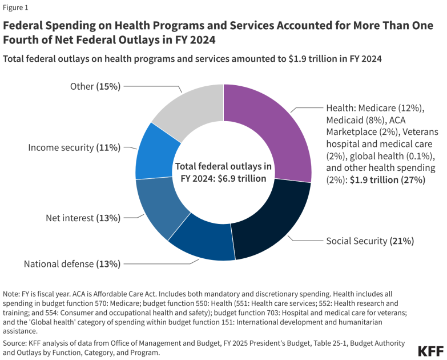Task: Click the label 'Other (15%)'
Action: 95,86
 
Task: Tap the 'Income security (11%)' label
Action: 74,147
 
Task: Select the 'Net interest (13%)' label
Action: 83,218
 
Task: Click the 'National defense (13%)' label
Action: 72,264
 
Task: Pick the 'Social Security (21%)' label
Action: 369,241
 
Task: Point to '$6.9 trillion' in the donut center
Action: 239,178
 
